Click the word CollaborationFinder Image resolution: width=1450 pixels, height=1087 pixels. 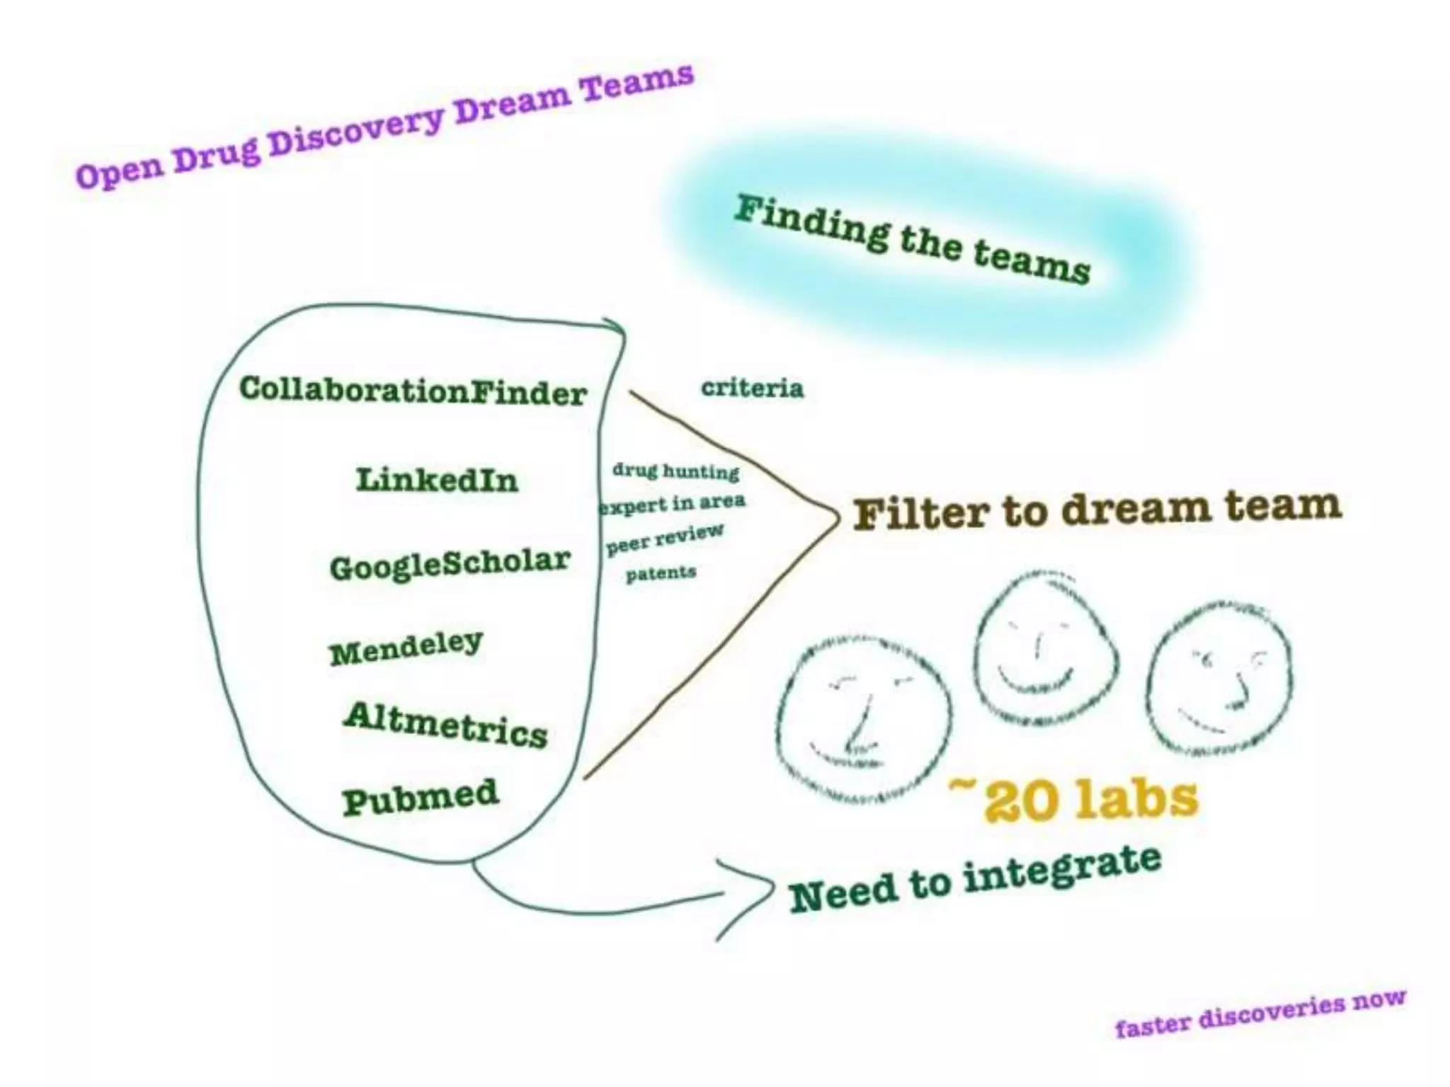pyautogui.click(x=413, y=391)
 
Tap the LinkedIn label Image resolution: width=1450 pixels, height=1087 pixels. pyautogui.click(x=437, y=480)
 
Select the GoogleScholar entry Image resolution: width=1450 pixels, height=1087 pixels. pyautogui.click(x=450, y=564)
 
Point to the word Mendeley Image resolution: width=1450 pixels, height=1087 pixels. pyautogui.click(x=406, y=647)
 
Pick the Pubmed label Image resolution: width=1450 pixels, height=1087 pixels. pyautogui.click(x=421, y=797)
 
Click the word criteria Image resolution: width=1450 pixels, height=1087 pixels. pyautogui.click(x=752, y=388)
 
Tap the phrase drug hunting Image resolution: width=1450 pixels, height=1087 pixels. pyautogui.click(x=675, y=471)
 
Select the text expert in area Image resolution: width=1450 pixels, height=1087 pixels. pyautogui.click(x=672, y=504)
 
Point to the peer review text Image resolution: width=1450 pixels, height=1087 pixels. pyautogui.click(x=665, y=539)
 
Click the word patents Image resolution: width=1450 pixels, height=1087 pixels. pyautogui.click(x=661, y=573)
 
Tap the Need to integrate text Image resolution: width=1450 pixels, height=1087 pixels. pyautogui.click(x=975, y=880)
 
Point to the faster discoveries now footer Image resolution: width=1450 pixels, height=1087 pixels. pyautogui.click(x=1260, y=1012)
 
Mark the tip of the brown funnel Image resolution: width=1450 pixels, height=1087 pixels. pyautogui.click(x=836, y=517)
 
